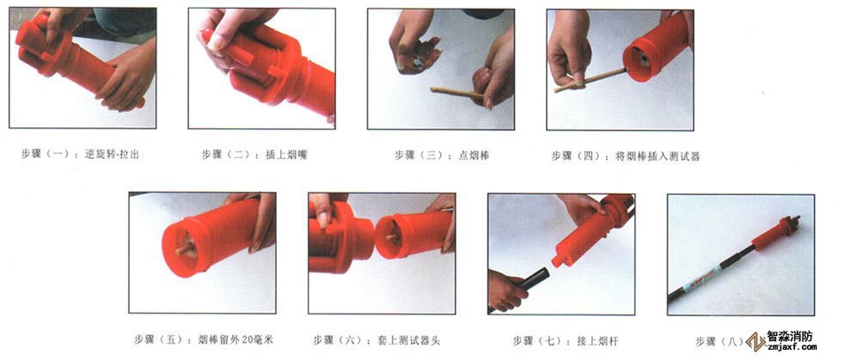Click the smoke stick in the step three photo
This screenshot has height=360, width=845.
tap(456, 90)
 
